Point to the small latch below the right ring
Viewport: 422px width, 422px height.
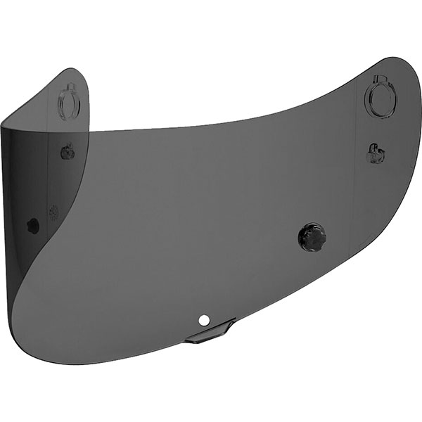tap(373, 152)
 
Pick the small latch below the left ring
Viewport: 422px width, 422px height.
tap(68, 151)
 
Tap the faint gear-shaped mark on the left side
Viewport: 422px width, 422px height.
tap(51, 210)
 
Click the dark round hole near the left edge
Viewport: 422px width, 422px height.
tap(32, 225)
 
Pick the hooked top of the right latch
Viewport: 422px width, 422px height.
tap(373, 146)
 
